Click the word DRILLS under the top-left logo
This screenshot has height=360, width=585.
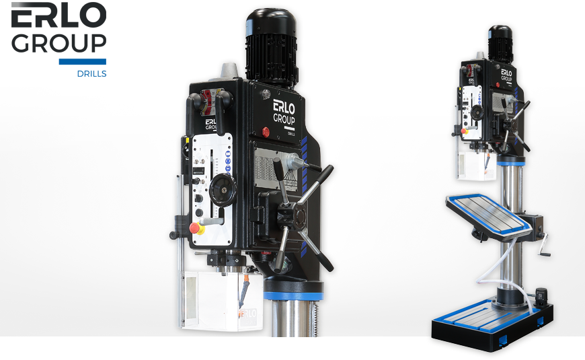point(91,73)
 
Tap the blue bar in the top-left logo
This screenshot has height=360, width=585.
point(82,62)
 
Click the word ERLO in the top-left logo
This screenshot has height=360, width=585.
point(58,16)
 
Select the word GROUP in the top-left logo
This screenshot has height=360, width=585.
point(58,44)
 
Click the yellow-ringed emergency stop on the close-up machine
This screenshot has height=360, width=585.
point(198,229)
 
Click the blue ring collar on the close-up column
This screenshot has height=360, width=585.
point(293,295)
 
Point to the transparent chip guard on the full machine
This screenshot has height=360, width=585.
point(473,166)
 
